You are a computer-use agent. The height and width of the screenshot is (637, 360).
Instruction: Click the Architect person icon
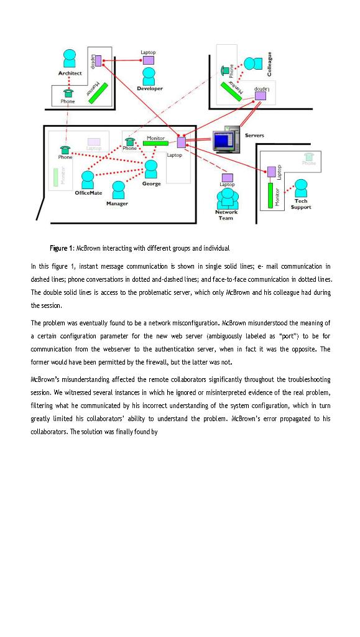[x=70, y=59]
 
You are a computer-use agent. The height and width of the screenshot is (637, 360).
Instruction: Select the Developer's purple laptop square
[x=148, y=60]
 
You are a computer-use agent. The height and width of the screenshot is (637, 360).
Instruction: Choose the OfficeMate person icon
[x=88, y=180]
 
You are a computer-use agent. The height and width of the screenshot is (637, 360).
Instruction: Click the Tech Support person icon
[x=301, y=188]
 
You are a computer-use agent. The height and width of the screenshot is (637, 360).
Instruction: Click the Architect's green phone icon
[x=68, y=92]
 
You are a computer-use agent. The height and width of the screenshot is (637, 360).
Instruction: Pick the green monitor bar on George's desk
[x=155, y=143]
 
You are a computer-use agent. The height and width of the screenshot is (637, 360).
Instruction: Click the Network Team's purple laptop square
[x=228, y=177]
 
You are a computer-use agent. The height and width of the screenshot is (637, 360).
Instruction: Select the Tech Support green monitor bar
[x=270, y=194]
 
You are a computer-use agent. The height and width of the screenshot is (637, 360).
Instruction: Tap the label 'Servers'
[x=254, y=135]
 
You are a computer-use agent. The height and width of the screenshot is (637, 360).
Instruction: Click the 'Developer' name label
[x=150, y=89]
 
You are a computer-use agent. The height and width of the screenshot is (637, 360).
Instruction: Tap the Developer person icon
[x=149, y=77]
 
